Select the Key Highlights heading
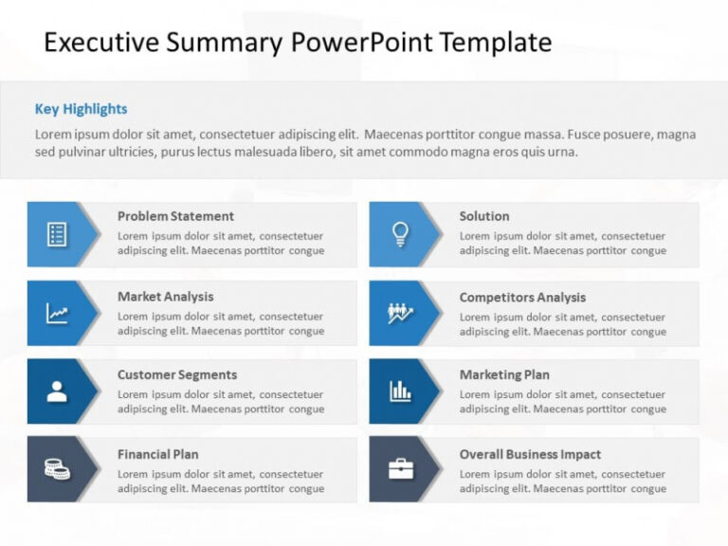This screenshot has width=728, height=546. (81, 109)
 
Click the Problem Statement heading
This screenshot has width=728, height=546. (175, 216)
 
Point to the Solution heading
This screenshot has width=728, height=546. (484, 216)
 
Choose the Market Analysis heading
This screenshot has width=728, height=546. (165, 297)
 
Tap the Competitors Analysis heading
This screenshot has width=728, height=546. (522, 298)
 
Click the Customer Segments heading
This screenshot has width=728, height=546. (177, 374)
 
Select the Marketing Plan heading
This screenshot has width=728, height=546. (504, 374)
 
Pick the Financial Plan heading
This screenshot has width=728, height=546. (157, 454)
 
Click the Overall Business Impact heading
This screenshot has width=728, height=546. (530, 454)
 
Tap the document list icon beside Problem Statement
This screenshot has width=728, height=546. (57, 233)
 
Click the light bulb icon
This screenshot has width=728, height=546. (400, 233)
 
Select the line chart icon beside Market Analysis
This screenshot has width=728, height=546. (57, 313)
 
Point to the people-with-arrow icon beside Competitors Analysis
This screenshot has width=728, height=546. (400, 313)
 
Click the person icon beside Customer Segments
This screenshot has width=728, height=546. (57, 391)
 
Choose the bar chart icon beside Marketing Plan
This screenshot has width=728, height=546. (400, 391)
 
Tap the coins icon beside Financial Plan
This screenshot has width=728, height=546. (57, 468)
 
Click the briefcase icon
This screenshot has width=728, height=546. (400, 468)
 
